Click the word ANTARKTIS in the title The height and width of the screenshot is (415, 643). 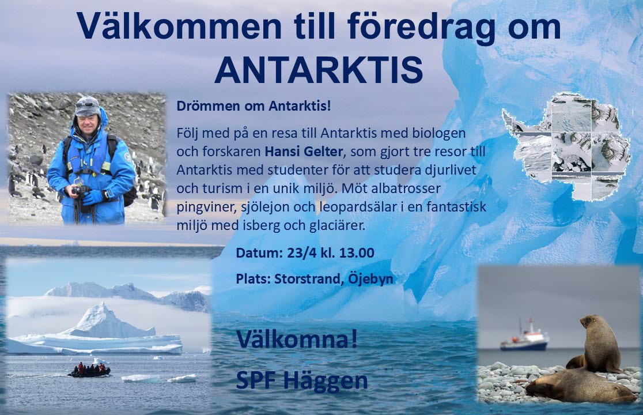pyautogui.click(x=319, y=70)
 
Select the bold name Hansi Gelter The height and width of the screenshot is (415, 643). pyautogui.click(x=304, y=152)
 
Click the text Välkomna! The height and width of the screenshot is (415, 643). pyautogui.click(x=297, y=339)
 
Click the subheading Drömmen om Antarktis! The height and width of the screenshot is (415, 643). pyautogui.click(x=254, y=106)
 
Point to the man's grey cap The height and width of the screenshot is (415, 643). pyautogui.click(x=88, y=106)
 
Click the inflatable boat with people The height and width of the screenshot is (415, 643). pyautogui.click(x=89, y=370)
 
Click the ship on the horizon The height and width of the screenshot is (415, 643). pyautogui.click(x=524, y=337)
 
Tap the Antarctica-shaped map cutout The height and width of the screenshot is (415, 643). pyautogui.click(x=566, y=146)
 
